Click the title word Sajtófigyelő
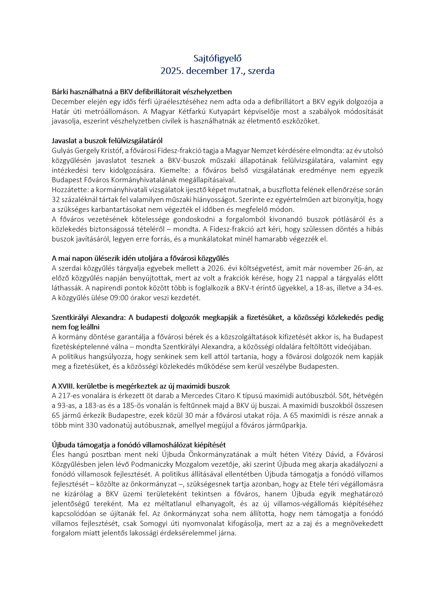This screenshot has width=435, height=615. [x=217, y=58]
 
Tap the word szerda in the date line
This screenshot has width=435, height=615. [x=261, y=71]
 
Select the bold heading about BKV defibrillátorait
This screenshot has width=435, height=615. [x=142, y=92]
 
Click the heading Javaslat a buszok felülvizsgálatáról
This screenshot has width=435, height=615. [x=107, y=141]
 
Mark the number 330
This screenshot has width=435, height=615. [x=92, y=425]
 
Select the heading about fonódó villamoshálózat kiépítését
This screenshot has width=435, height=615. [x=139, y=445]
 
